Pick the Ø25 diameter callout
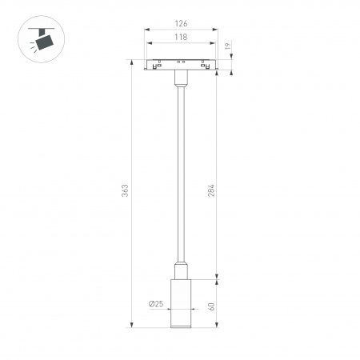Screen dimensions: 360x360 (157, 303)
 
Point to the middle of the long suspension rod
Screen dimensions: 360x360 (180, 176)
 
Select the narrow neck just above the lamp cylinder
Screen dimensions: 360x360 (180, 270)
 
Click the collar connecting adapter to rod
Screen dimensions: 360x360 (180, 80)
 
